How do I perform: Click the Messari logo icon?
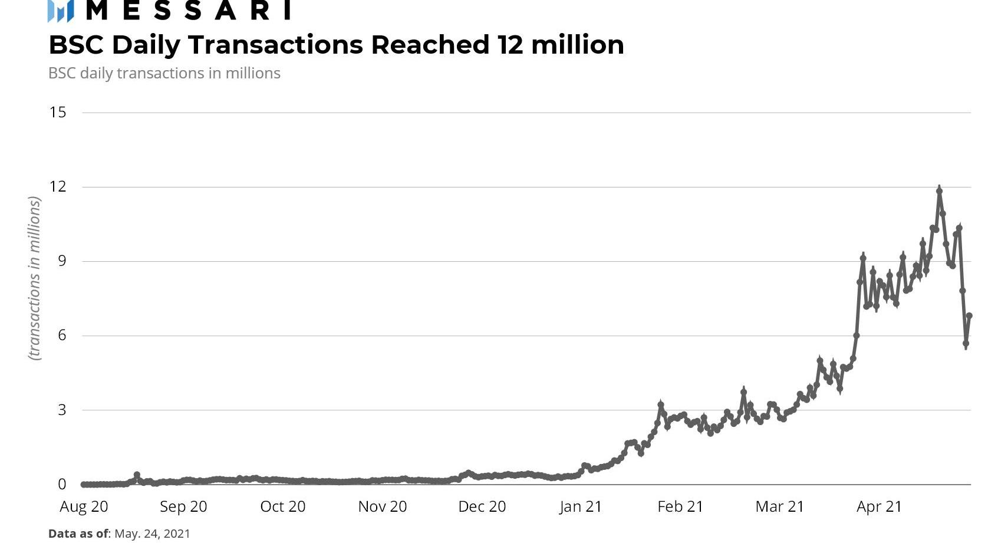click(x=60, y=11)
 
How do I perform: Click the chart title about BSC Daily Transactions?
click(x=336, y=45)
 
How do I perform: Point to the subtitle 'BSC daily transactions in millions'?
click(x=164, y=73)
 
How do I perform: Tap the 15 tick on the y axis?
click(x=58, y=112)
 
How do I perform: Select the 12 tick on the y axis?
click(x=58, y=187)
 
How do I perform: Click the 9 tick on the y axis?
click(x=62, y=261)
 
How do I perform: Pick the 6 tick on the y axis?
click(x=62, y=335)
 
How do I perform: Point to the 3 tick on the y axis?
click(x=62, y=410)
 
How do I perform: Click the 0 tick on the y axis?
click(x=62, y=484)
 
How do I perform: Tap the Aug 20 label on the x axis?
click(x=84, y=506)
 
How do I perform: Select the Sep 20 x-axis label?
click(x=183, y=506)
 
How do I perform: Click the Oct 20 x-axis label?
click(x=283, y=506)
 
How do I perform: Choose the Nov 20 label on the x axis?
click(x=383, y=506)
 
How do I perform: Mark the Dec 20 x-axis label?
click(x=482, y=506)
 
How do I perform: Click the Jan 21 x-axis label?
click(x=581, y=506)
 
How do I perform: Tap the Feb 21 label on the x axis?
click(x=680, y=506)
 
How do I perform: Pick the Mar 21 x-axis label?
click(x=779, y=506)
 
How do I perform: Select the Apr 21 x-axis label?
click(x=879, y=506)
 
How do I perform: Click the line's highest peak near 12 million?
click(x=939, y=190)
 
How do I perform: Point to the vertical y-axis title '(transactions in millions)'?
click(x=35, y=278)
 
